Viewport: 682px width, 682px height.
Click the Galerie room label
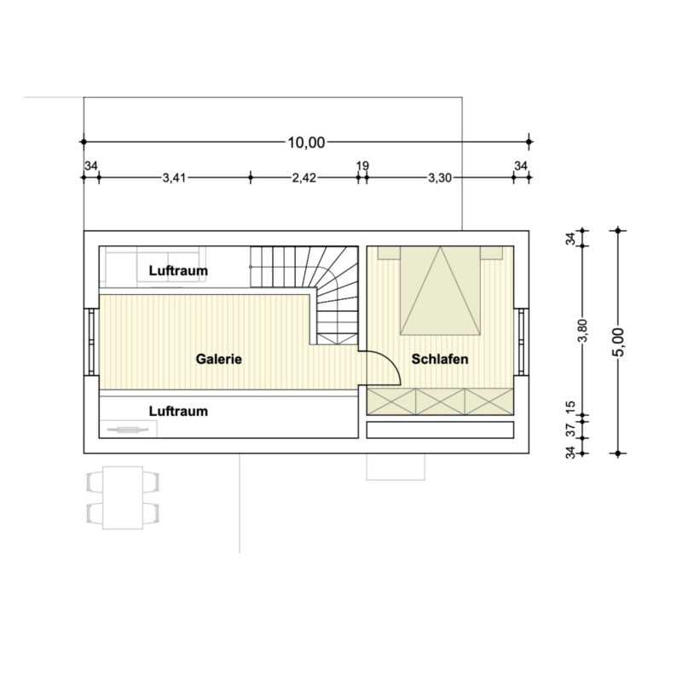pos(219,359)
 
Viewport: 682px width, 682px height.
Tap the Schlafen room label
pos(440,359)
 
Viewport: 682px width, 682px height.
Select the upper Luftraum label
pos(178,270)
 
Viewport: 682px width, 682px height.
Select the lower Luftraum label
pos(178,411)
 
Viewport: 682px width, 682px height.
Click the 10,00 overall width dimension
pos(306,142)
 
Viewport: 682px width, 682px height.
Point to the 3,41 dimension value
pos(175,178)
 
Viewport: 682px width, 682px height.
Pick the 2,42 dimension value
pos(304,178)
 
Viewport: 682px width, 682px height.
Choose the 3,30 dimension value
pos(440,178)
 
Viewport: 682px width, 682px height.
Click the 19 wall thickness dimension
pos(362,165)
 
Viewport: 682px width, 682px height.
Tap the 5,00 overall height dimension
pos(618,343)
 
